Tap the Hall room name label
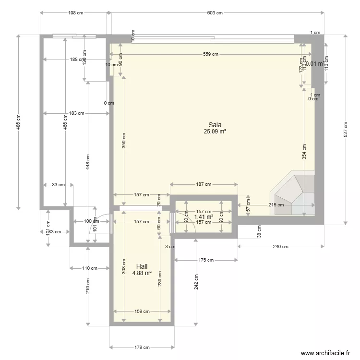pyautogui.click(x=142, y=266)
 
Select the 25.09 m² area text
pyautogui.click(x=215, y=131)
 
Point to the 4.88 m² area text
pyautogui.click(x=142, y=273)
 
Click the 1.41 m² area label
pyautogui.click(x=204, y=217)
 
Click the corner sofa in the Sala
pyautogui.click(x=294, y=193)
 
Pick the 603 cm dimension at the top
pyautogui.click(x=215, y=13)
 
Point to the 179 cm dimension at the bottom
pyautogui.click(x=142, y=347)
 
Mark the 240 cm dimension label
pyautogui.click(x=281, y=247)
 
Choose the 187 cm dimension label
pyautogui.click(x=204, y=184)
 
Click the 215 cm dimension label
pyautogui.click(x=276, y=204)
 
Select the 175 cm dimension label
pyautogui.click(x=206, y=260)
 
